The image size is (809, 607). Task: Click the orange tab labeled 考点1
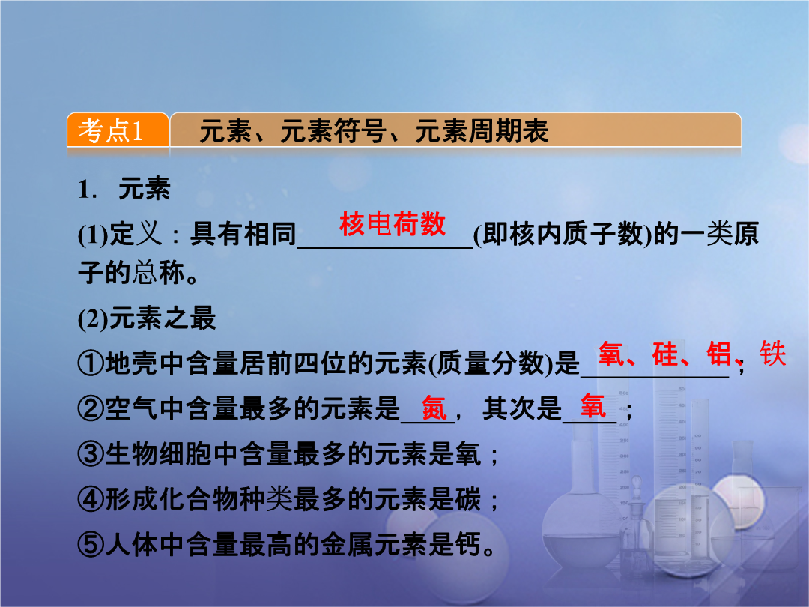(x=118, y=130)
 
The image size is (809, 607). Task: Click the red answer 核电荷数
(x=392, y=224)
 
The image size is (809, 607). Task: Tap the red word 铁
(x=772, y=354)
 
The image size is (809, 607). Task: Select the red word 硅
(x=665, y=354)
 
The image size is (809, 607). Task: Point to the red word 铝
(x=719, y=354)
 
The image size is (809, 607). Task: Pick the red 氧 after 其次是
(x=593, y=405)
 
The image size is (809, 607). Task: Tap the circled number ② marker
(x=91, y=408)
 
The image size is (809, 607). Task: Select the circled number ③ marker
(x=91, y=453)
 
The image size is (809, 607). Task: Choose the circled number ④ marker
(x=91, y=499)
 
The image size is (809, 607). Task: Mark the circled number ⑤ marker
(x=91, y=545)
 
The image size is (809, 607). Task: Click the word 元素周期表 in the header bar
(x=482, y=130)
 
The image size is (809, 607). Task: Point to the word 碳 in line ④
(x=468, y=499)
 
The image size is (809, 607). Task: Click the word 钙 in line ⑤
(x=468, y=545)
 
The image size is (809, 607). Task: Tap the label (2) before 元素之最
(x=93, y=318)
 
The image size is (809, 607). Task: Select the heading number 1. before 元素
(x=88, y=189)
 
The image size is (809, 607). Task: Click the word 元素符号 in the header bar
(x=333, y=130)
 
